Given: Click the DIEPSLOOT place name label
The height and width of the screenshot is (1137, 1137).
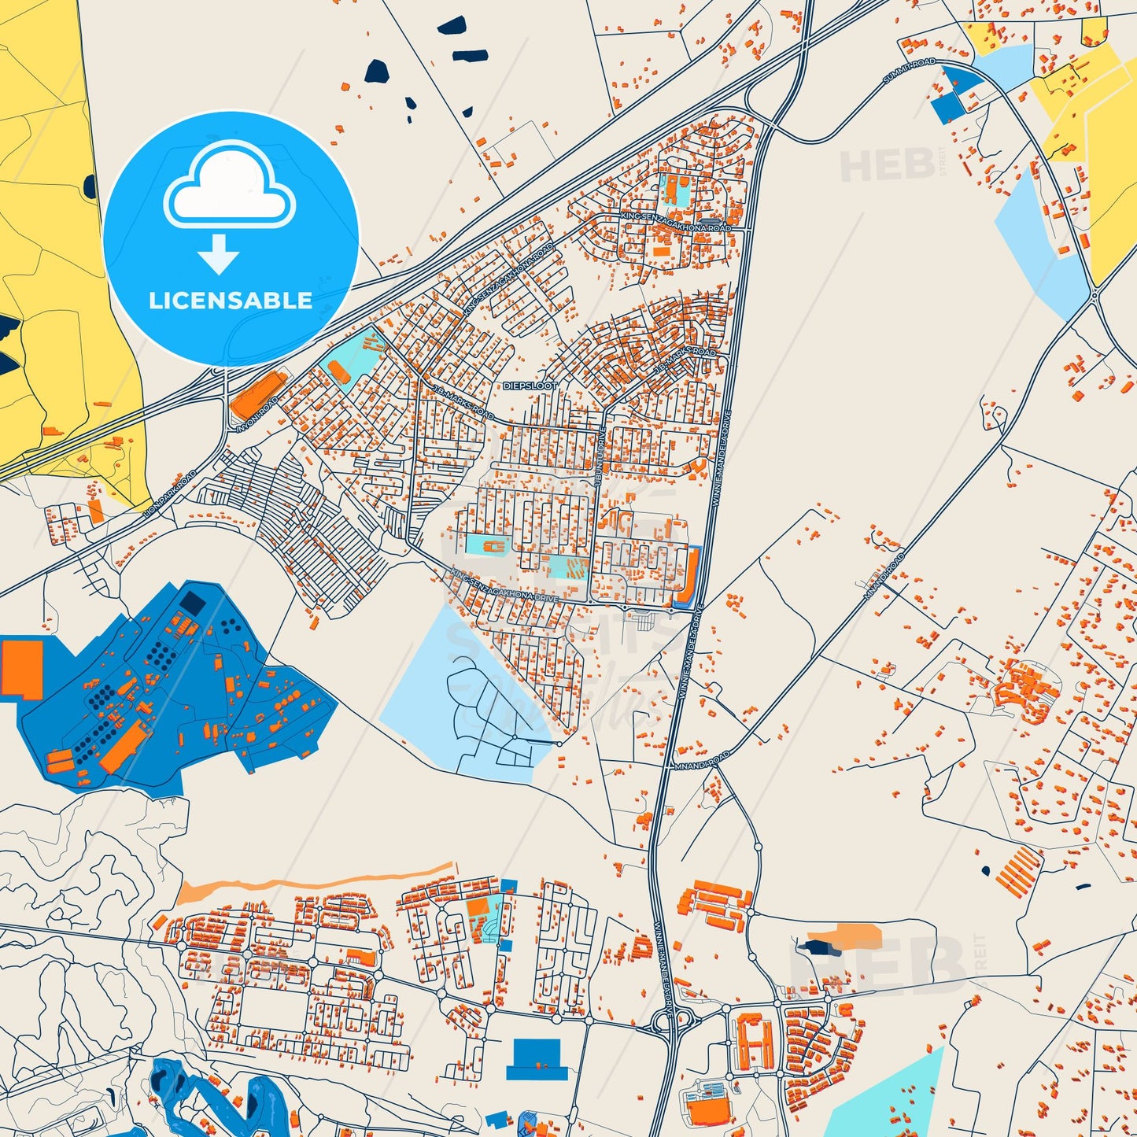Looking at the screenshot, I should (530, 386).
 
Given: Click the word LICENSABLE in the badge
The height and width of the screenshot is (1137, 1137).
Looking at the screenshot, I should (231, 300).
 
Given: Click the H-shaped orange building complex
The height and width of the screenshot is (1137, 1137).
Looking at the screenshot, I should (754, 1042).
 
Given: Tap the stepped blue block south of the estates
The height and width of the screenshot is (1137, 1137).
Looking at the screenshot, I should (537, 1058).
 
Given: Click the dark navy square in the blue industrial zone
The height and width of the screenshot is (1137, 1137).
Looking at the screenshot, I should (191, 604).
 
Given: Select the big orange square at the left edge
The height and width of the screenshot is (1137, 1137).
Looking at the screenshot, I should (22, 668).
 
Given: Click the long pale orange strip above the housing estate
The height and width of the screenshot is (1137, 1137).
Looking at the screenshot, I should (315, 882).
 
